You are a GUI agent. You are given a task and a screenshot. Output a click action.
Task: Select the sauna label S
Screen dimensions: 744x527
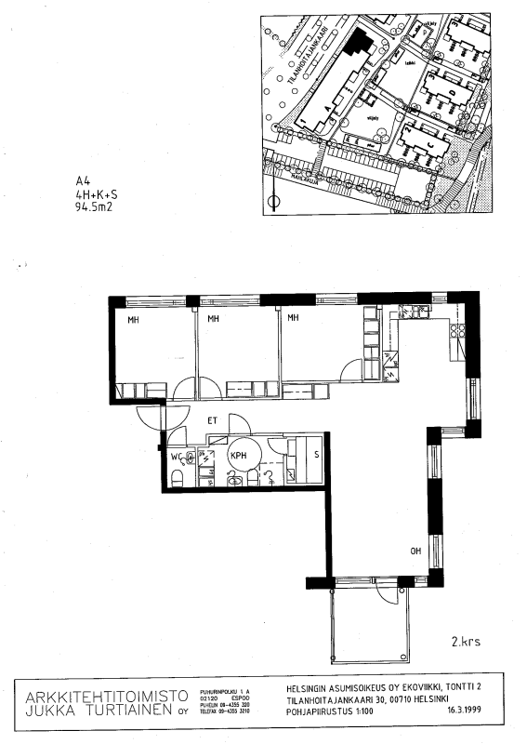[318, 453]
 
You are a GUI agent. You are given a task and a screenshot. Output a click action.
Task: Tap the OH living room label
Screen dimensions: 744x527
[415, 551]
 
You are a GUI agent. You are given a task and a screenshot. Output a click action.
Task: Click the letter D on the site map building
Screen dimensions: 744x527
[451, 93]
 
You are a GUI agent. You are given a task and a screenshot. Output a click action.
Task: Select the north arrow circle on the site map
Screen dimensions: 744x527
[272, 201]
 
